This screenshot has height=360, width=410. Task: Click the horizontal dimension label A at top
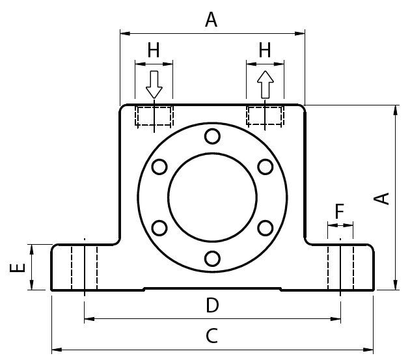(x=211, y=20)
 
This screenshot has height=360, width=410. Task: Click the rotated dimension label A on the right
(x=385, y=198)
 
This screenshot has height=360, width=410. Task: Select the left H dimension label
(x=154, y=49)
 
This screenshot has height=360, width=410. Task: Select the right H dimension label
(x=265, y=49)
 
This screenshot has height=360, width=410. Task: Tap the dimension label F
(x=340, y=211)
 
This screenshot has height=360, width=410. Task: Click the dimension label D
(x=212, y=305)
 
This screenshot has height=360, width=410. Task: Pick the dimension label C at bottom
(x=212, y=337)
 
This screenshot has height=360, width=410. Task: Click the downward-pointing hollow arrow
(x=154, y=85)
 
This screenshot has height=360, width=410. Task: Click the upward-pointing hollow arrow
(x=265, y=85)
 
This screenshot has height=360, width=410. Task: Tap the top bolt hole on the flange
(x=212, y=136)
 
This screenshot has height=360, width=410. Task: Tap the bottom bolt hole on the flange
(x=212, y=258)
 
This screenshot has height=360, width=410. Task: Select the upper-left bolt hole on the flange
(x=159, y=167)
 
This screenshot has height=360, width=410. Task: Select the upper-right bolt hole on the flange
(x=265, y=167)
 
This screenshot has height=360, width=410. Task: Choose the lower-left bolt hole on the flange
(x=159, y=228)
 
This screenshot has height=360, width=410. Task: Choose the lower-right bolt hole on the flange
(x=265, y=228)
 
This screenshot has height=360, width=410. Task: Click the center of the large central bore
(x=212, y=197)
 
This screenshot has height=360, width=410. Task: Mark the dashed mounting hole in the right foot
(x=340, y=267)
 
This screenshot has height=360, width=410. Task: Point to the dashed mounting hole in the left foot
(x=85, y=267)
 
